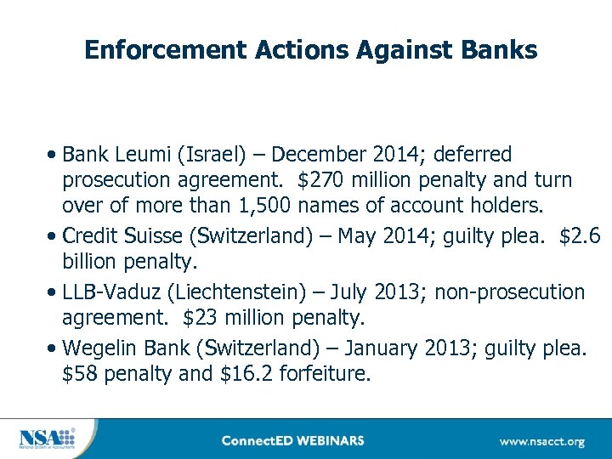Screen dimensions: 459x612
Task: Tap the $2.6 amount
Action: pyautogui.click(x=580, y=235)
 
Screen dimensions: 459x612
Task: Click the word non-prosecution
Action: pyautogui.click(x=509, y=293)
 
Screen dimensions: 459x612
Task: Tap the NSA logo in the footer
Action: pyautogui.click(x=48, y=439)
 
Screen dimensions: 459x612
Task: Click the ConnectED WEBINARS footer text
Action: pyautogui.click(x=292, y=440)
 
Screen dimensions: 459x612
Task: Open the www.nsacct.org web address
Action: pyautogui.click(x=541, y=441)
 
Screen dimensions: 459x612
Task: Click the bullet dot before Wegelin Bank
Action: pyautogui.click(x=54, y=348)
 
